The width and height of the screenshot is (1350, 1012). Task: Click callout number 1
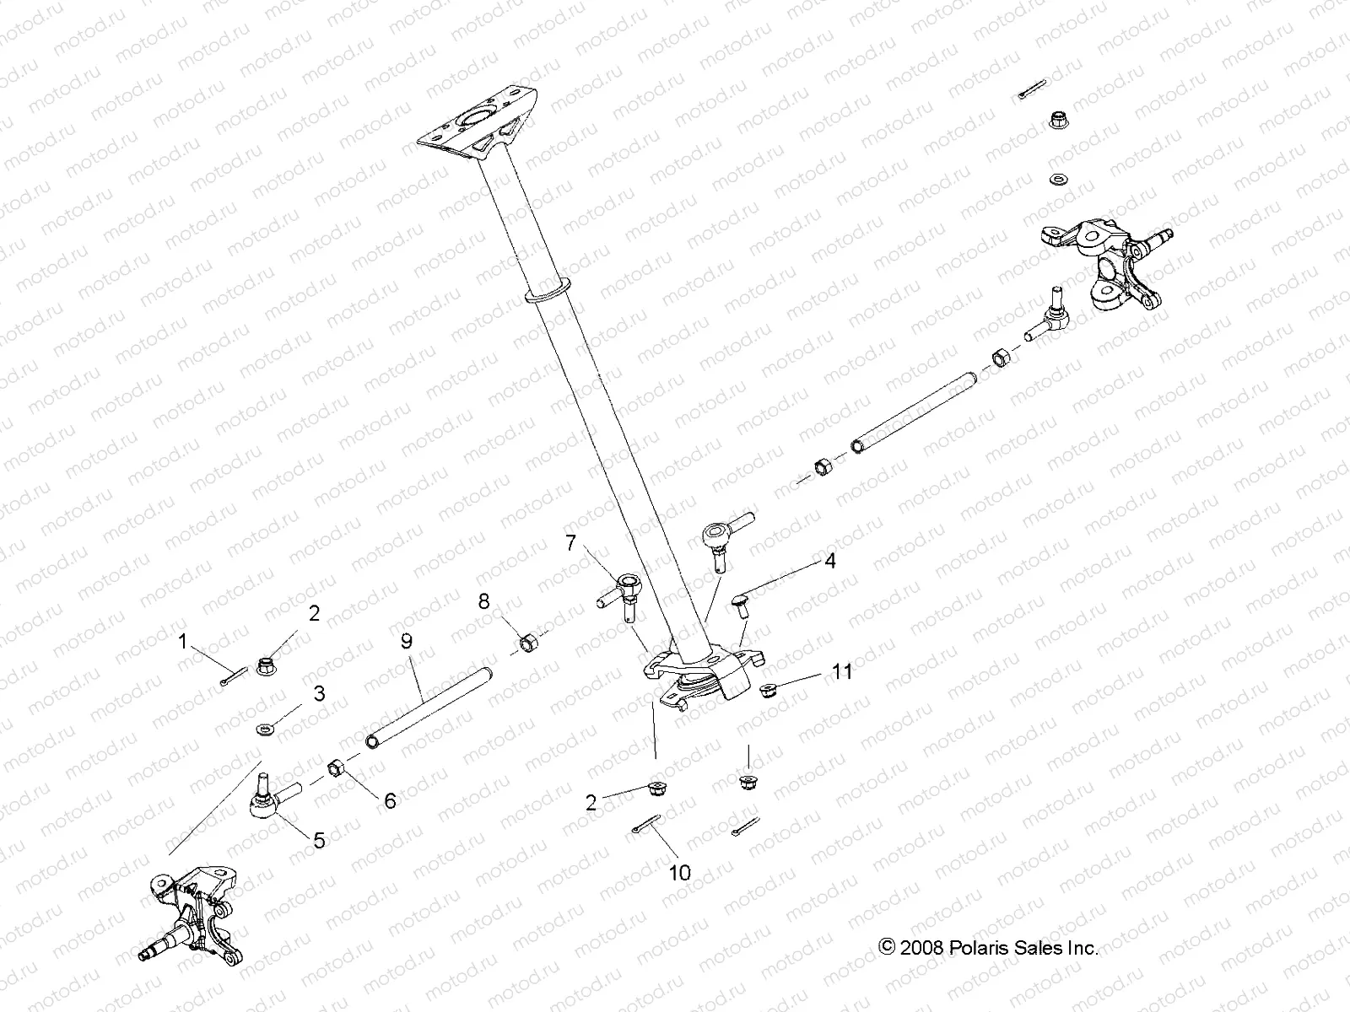pyautogui.click(x=182, y=642)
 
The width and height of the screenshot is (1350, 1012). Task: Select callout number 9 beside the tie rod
pyautogui.click(x=406, y=642)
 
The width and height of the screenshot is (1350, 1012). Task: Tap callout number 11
pyautogui.click(x=842, y=671)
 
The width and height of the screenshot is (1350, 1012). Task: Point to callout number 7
pyautogui.click(x=571, y=542)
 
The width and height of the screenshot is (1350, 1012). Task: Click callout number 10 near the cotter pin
pyautogui.click(x=680, y=872)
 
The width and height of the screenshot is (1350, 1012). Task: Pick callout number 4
pyautogui.click(x=830, y=561)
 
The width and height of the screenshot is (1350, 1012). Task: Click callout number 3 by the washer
pyautogui.click(x=319, y=693)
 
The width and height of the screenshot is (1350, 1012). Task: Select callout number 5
pyautogui.click(x=319, y=840)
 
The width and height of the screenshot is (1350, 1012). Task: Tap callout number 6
pyautogui.click(x=390, y=800)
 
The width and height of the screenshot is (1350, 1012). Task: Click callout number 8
pyautogui.click(x=483, y=601)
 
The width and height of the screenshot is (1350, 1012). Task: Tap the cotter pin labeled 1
pyautogui.click(x=233, y=676)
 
